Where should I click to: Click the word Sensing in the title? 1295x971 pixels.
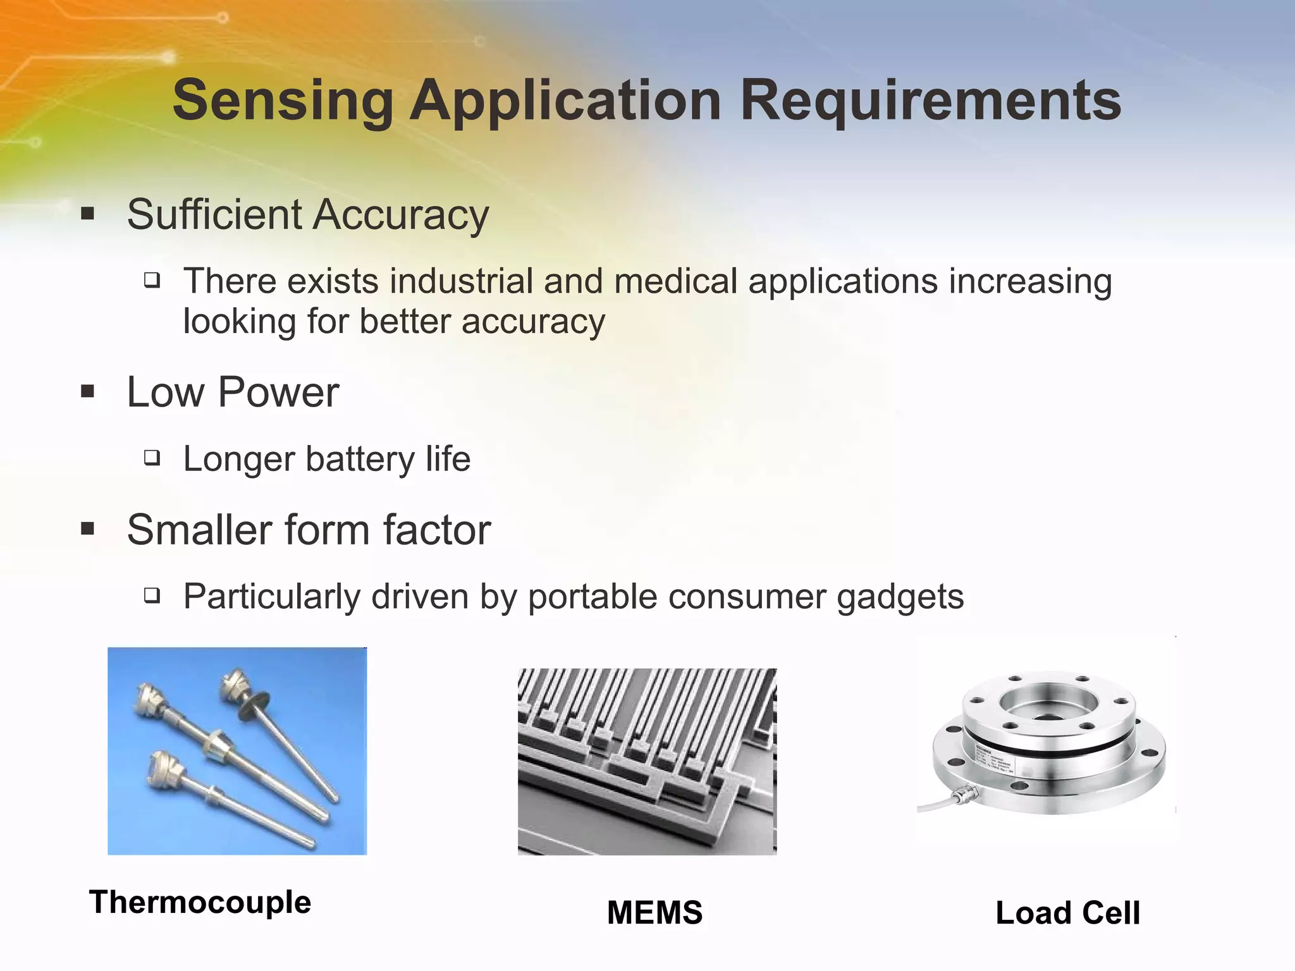coord(283,101)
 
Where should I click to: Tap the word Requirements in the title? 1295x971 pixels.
coord(930,101)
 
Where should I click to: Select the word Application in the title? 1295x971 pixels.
coord(566,101)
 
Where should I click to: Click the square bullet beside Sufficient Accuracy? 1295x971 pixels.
coord(88,214)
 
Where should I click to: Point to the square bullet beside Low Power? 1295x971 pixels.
coord(88,391)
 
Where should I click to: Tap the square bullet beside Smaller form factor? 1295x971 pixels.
coord(88,528)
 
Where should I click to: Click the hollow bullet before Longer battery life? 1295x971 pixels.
coord(152,458)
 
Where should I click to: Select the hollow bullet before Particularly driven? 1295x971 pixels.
coord(152,595)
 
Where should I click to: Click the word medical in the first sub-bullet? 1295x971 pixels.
coord(675,281)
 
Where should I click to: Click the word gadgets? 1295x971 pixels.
coord(900,597)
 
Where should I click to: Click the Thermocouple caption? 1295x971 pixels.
coord(200,902)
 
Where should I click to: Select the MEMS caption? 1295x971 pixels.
coord(654,913)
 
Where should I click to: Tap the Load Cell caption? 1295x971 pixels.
coord(1067,913)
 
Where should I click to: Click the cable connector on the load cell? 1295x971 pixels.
coord(964,795)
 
